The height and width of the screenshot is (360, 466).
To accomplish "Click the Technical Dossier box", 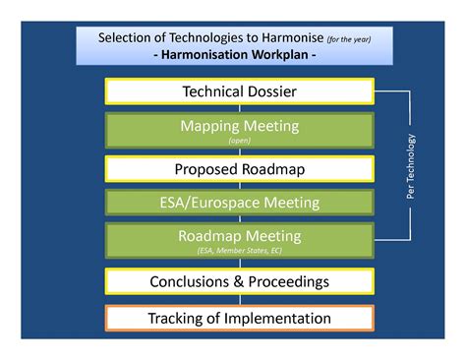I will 239,92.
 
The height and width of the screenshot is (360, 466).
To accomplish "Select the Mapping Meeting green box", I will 239,130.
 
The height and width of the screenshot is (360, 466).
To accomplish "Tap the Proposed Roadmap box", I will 239,168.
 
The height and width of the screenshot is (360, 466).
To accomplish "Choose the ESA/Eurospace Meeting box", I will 239,203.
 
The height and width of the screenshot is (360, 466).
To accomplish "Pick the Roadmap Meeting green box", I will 239,241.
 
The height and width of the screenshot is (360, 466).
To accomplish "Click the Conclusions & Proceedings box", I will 239,281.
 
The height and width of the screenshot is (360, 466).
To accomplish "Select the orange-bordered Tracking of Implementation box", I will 239,319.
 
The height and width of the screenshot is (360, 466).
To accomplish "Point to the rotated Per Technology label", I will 412,165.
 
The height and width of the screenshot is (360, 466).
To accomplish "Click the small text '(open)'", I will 239,141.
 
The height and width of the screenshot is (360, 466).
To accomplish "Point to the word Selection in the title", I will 128,38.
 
